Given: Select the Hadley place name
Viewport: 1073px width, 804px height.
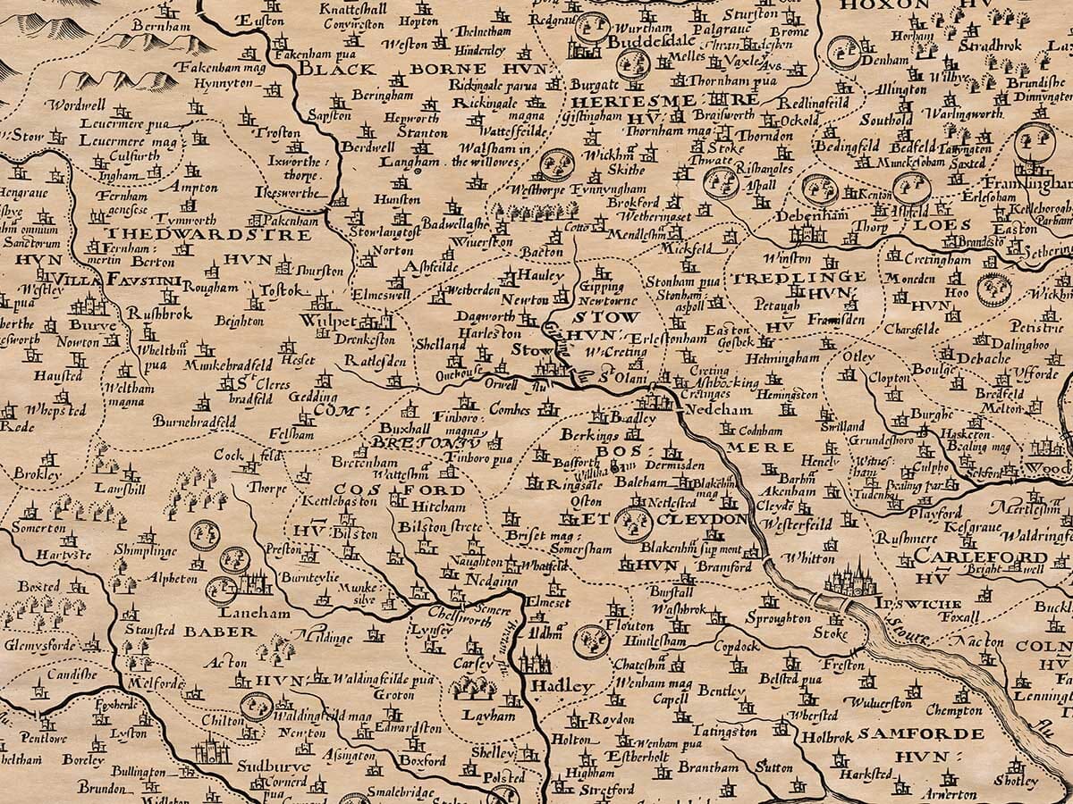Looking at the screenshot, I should (562, 687).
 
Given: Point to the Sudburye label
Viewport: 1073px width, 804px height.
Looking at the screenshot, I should (274, 766).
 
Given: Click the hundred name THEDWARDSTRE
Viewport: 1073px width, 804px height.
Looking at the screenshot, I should (208, 235).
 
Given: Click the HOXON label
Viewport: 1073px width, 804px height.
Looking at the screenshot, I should (873, 5).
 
